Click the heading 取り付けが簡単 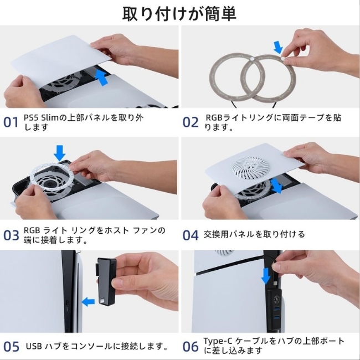pos(179,14)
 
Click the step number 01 pos(11,122)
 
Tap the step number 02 pos(191,122)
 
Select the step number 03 pos(11,235)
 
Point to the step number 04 pos(191,235)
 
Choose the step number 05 pos(11,347)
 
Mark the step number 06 pos(191,347)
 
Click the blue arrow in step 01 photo pos(101,78)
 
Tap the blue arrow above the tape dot pos(278,47)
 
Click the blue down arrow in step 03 pos(59,153)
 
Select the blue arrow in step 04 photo pos(276,186)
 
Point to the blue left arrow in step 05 pos(88,301)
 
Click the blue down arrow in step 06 pos(266,276)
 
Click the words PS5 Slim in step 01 pos(42,117)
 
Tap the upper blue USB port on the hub pos(276,308)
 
